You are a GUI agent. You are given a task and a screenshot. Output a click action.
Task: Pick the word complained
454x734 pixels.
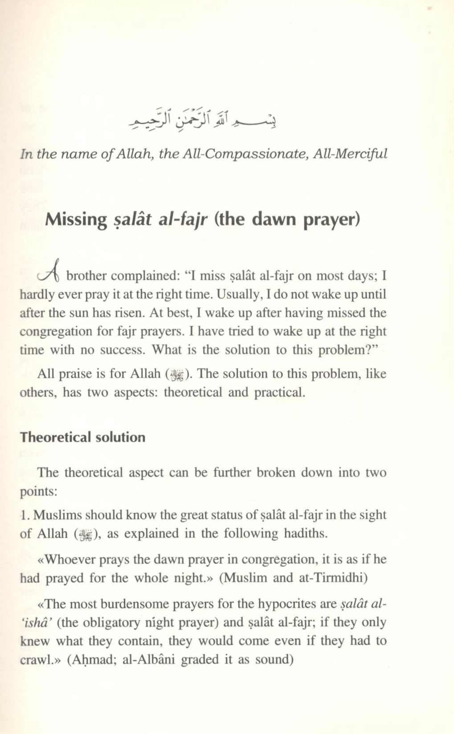pyautogui.click(x=144, y=276)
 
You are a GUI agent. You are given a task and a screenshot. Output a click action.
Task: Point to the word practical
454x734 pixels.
pyautogui.click(x=279, y=392)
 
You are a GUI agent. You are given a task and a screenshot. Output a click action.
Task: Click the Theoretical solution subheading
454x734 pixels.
pyautogui.click(x=82, y=437)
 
